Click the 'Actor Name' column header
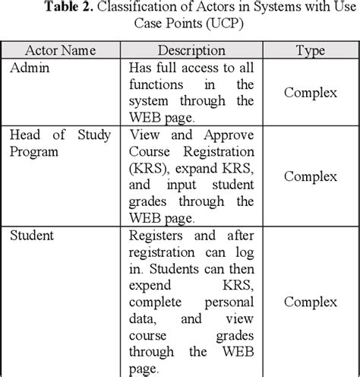click(61, 51)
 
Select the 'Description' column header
click(191, 51)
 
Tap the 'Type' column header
click(310, 51)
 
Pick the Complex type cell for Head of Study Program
click(310, 176)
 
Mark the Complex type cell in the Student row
click(310, 302)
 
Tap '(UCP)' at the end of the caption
click(242, 27)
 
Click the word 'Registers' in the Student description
click(157, 235)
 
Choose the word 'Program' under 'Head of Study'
click(34, 152)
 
